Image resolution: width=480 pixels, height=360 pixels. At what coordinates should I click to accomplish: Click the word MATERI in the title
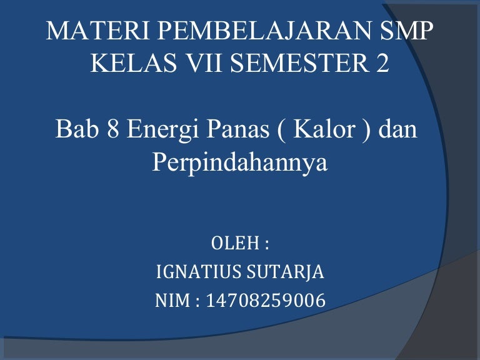pyautogui.click(x=97, y=31)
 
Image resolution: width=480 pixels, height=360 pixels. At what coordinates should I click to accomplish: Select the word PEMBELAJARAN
pyautogui.click(x=264, y=31)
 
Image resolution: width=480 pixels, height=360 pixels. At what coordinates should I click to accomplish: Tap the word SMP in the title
pyautogui.click(x=406, y=31)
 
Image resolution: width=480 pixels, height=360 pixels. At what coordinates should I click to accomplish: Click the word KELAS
pyautogui.click(x=134, y=62)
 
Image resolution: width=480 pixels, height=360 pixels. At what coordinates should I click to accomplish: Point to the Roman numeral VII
pyautogui.click(x=204, y=62)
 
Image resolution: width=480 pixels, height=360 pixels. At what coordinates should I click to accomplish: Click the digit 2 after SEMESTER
pyautogui.click(x=382, y=62)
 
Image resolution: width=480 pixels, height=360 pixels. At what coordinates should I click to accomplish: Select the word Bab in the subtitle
pyautogui.click(x=77, y=129)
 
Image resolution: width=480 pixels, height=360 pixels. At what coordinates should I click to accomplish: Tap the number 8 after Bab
pyautogui.click(x=112, y=129)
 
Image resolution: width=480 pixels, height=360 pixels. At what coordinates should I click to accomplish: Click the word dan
pyautogui.click(x=398, y=128)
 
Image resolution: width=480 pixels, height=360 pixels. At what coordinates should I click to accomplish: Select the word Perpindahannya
pyautogui.click(x=240, y=163)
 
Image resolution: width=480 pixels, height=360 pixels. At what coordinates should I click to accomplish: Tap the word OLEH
pyautogui.click(x=236, y=243)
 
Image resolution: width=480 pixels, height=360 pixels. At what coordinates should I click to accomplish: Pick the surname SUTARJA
pyautogui.click(x=285, y=272)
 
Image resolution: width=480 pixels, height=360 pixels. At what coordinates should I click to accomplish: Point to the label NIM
pyautogui.click(x=172, y=301)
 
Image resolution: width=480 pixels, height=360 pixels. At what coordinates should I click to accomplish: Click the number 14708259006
pyautogui.click(x=266, y=301)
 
